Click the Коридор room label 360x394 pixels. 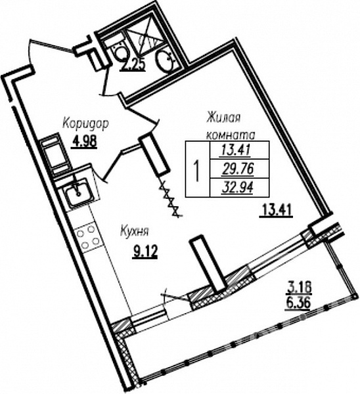click(x=85, y=124)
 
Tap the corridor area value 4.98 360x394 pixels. click(x=84, y=141)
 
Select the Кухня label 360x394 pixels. click(x=135, y=231)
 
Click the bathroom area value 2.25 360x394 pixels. click(x=133, y=65)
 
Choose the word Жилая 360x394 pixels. click(x=223, y=118)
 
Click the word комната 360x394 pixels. click(x=231, y=135)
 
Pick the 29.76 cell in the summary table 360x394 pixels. click(x=238, y=169)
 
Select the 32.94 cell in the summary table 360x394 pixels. click(x=238, y=187)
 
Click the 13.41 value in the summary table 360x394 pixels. click(x=236, y=150)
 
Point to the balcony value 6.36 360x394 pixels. click(x=298, y=303)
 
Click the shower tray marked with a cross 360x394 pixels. click(x=145, y=40)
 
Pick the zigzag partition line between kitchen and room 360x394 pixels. click(x=170, y=198)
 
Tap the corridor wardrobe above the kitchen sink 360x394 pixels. click(x=55, y=154)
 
